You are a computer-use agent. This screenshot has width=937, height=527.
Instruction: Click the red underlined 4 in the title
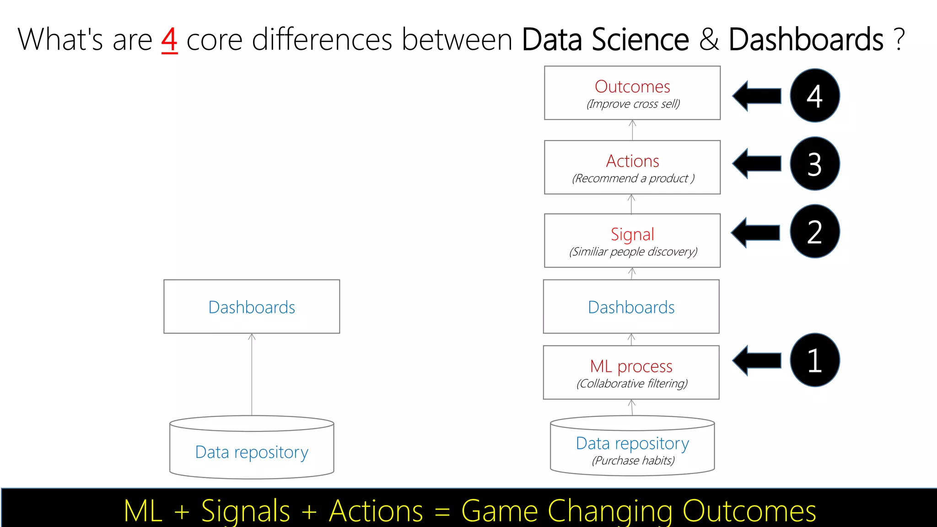pyautogui.click(x=169, y=40)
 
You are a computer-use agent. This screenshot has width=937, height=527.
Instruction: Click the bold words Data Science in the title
pyautogui.click(x=605, y=40)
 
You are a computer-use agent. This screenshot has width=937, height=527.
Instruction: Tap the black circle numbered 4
pyautogui.click(x=814, y=96)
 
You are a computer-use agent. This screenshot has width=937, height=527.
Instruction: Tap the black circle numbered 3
pyautogui.click(x=814, y=164)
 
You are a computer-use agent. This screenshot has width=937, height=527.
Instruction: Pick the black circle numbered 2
pyautogui.click(x=814, y=231)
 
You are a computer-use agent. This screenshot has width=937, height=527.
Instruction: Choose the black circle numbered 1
pyautogui.click(x=814, y=360)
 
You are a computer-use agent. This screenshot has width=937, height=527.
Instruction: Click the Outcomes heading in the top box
pyautogui.click(x=632, y=86)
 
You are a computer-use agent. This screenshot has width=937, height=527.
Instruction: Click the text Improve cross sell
pyautogui.click(x=633, y=104)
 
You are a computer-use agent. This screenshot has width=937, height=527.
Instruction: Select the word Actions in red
pyautogui.click(x=632, y=161)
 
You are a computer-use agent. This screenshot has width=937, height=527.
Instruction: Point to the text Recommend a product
pyautogui.click(x=633, y=178)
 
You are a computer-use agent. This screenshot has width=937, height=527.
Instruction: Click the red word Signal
pyautogui.click(x=632, y=234)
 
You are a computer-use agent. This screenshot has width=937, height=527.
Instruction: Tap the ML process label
pyautogui.click(x=631, y=366)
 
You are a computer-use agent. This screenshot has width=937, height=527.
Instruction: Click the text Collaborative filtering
pyautogui.click(x=632, y=383)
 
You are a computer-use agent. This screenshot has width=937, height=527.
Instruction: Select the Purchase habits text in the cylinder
pyautogui.click(x=633, y=461)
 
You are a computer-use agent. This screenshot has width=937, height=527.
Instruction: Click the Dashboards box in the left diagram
pyautogui.click(x=252, y=307)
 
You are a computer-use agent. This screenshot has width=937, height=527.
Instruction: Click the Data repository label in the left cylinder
pyautogui.click(x=252, y=452)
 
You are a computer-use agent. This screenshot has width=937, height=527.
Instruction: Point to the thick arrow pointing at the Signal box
pyautogui.click(x=756, y=232)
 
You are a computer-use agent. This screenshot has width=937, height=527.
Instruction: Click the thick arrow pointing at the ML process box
pyautogui.click(x=757, y=360)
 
